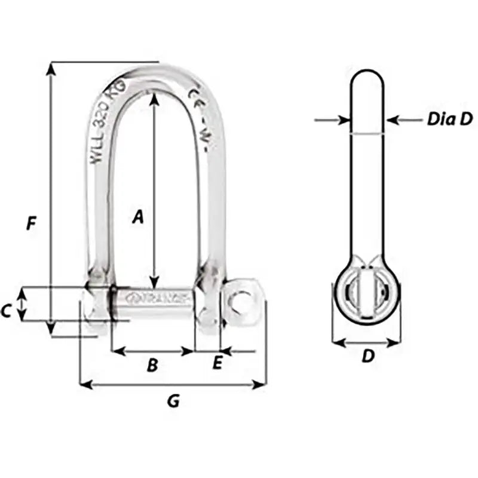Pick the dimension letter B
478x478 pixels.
(x=152, y=364)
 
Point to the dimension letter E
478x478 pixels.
(x=217, y=362)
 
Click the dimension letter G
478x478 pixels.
(x=173, y=402)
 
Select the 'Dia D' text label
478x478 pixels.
(x=449, y=119)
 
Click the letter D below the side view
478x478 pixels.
(x=368, y=357)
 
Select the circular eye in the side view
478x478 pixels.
(x=366, y=294)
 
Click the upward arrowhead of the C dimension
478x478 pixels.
(x=23, y=292)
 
